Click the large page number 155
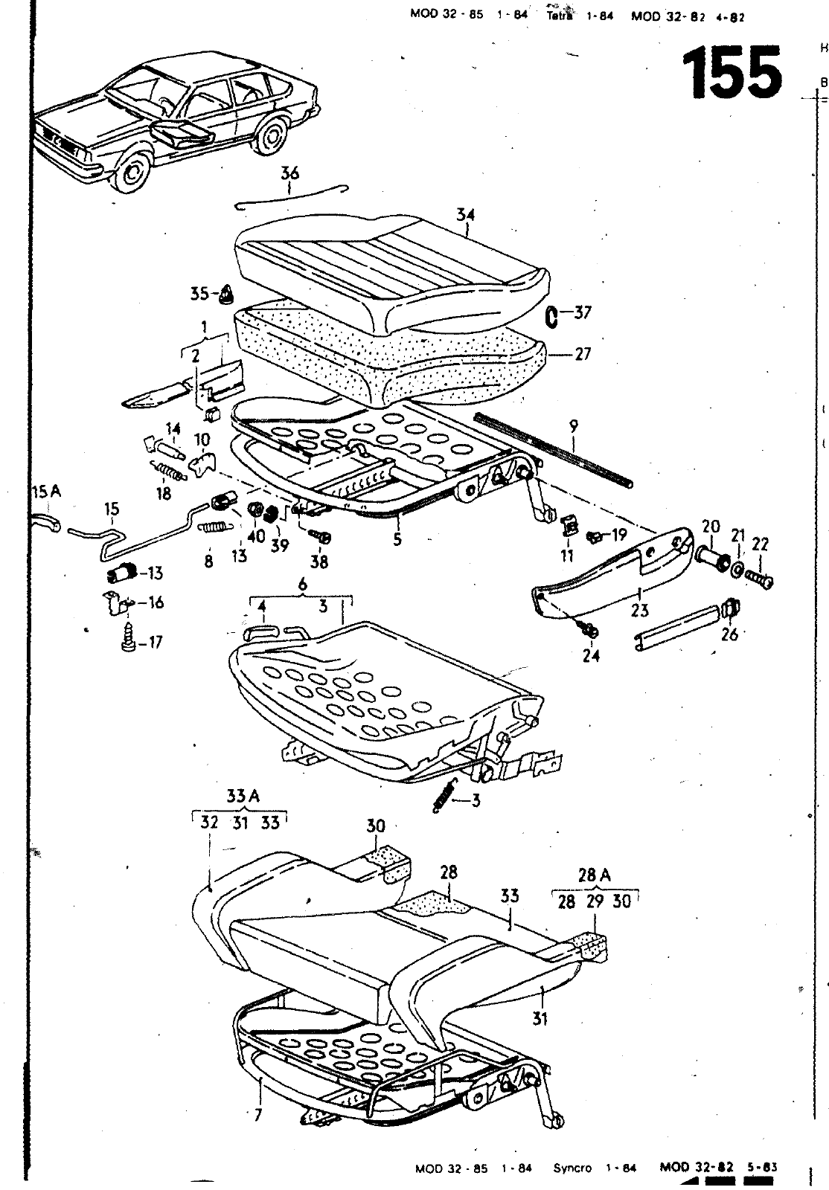pyautogui.click(x=732, y=72)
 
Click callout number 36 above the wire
pyautogui.click(x=289, y=173)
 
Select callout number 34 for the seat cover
pyautogui.click(x=466, y=216)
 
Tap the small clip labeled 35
pyautogui.click(x=225, y=296)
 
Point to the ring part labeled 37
pyautogui.click(x=551, y=316)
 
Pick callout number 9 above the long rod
pyautogui.click(x=573, y=427)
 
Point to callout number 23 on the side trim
pyautogui.click(x=640, y=611)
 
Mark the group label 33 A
pyautogui.click(x=243, y=796)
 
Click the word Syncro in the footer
pyautogui.click(x=572, y=1168)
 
